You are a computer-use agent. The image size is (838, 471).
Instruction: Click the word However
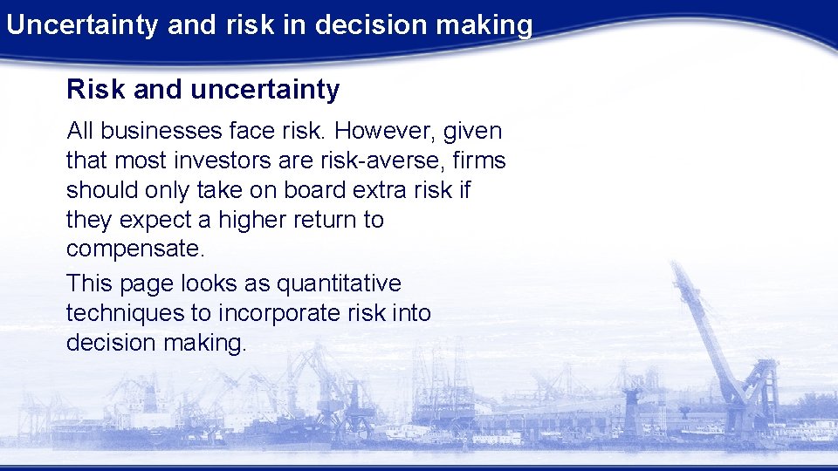(384, 131)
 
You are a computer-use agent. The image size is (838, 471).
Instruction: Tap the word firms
(483, 160)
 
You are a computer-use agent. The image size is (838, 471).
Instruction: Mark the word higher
(265, 220)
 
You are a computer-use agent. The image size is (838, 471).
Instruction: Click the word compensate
(135, 249)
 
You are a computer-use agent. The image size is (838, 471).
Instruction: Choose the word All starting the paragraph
(80, 131)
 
